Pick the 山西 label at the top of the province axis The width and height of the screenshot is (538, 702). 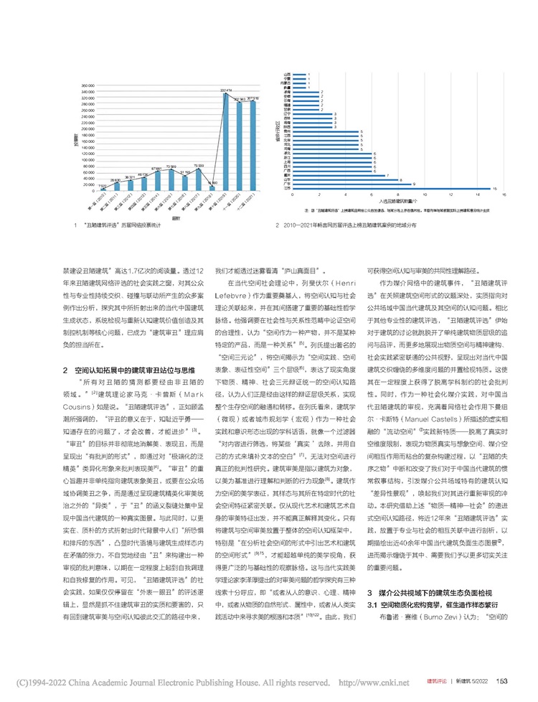(287, 73)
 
